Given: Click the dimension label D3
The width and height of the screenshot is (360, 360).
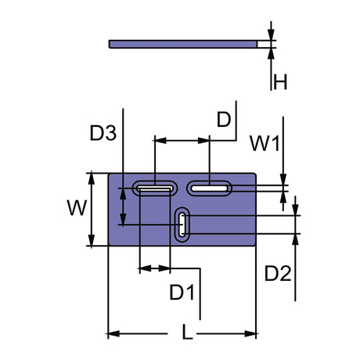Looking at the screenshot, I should (x=103, y=134).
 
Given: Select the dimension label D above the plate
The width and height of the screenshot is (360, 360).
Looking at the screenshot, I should (x=224, y=120).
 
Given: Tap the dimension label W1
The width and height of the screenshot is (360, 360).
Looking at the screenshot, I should (x=264, y=142).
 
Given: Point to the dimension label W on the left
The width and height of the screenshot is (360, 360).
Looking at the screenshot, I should (x=76, y=208).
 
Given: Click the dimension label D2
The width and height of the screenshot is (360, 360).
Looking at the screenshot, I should (x=277, y=274).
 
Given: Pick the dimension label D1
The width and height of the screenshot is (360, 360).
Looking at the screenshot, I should (x=182, y=293).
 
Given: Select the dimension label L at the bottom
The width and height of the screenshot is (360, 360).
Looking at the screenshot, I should (x=186, y=333).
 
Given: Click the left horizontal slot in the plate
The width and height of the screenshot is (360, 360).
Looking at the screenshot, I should (x=155, y=188).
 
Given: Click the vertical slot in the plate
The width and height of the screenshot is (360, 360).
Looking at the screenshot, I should (x=182, y=225).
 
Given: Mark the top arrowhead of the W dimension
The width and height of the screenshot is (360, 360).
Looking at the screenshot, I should (x=93, y=177).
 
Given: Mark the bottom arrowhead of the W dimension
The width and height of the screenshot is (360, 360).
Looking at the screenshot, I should (x=93, y=241).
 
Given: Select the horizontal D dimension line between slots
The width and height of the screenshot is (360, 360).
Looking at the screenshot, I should (x=182, y=141).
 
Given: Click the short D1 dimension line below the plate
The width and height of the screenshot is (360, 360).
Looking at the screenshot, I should (x=154, y=269).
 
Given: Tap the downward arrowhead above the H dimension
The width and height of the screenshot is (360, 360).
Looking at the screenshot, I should (x=271, y=36).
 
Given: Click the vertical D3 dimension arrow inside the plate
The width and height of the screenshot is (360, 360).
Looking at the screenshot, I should (x=122, y=207).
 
